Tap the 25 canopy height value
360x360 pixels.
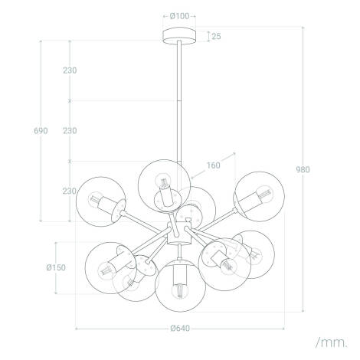[x=218, y=36]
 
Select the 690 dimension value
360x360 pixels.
[x=41, y=131]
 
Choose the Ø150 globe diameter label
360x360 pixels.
[x=54, y=267]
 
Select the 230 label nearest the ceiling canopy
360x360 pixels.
[x=70, y=70]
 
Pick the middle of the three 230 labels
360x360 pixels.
[x=70, y=131]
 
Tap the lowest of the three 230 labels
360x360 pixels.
[x=70, y=191]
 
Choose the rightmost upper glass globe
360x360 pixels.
[x=257, y=196]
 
